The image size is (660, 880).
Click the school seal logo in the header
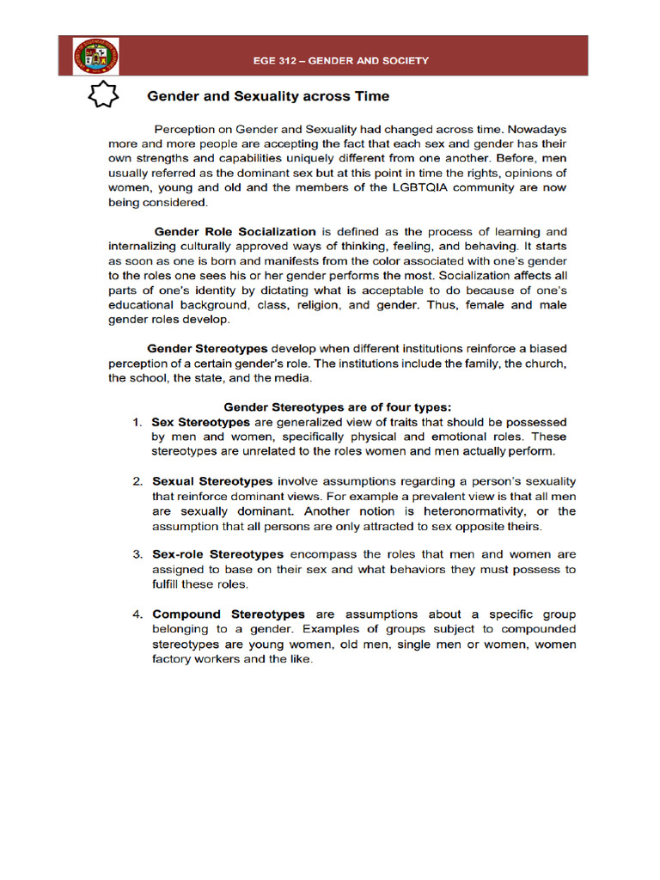[96, 58]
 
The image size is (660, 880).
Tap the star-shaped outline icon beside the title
[103, 95]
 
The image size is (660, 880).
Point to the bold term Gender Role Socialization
[235, 231]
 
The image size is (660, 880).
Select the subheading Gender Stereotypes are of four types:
[338, 406]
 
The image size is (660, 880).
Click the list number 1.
[137, 422]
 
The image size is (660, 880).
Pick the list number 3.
[137, 554]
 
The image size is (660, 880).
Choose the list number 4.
[137, 614]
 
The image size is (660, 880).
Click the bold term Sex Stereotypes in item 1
[201, 422]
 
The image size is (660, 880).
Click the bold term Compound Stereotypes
[229, 614]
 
